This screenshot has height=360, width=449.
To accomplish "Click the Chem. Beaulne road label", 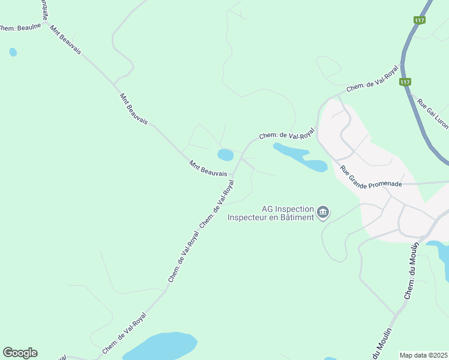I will [20, 28].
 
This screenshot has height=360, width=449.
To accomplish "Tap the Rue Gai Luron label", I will [433, 114].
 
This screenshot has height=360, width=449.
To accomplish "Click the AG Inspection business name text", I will [270, 209].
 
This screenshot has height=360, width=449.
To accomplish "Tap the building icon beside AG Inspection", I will [323, 212].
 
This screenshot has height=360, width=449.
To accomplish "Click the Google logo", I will [20, 352].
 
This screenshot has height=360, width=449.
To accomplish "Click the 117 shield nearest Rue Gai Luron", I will [405, 82].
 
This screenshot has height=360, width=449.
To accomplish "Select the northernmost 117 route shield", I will [420, 20].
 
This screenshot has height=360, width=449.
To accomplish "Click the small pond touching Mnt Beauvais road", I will [225, 155].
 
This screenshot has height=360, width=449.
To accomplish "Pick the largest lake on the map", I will [159, 346].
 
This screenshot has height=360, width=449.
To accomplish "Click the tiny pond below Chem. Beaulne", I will [13, 52].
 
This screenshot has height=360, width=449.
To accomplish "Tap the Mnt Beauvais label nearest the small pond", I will [208, 168].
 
